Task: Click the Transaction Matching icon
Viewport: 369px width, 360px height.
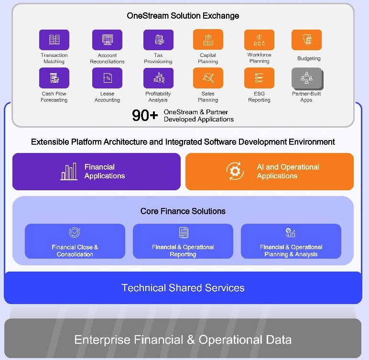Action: (54, 40)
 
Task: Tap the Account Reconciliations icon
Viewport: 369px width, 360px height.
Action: (107, 40)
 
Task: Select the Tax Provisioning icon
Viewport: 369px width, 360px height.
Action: (158, 40)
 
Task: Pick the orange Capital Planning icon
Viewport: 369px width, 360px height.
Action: (208, 40)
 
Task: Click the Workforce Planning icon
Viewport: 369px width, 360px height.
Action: (259, 40)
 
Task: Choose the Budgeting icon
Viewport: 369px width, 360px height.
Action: (306, 40)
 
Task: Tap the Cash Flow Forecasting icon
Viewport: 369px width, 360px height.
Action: (54, 78)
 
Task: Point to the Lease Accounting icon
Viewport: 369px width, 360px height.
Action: (107, 78)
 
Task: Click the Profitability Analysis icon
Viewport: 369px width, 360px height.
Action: (158, 78)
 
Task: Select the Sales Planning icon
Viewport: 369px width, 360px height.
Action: (208, 78)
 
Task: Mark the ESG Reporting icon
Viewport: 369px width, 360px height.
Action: (259, 78)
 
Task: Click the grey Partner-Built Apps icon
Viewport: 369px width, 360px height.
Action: (306, 78)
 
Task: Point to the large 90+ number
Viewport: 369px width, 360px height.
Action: (145, 115)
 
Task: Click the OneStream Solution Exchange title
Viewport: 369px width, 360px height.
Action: (183, 16)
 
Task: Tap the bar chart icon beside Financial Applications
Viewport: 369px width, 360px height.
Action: (69, 172)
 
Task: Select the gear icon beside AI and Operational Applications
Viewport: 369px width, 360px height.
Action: (235, 172)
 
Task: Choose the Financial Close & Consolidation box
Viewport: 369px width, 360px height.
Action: (75, 241)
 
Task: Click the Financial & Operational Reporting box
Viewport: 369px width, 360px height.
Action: (183, 241)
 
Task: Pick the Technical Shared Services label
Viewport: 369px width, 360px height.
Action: (183, 288)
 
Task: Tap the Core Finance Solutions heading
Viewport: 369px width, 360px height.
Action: (183, 211)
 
